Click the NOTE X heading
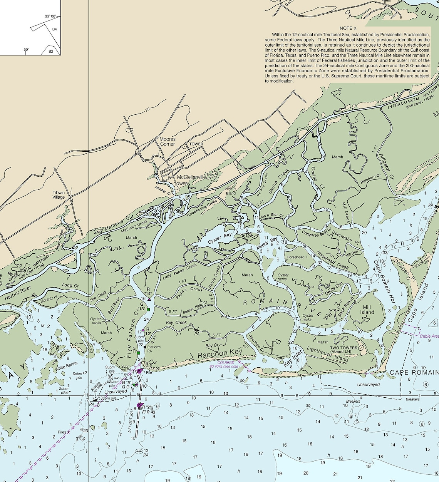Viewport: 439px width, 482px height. (x=348, y=28)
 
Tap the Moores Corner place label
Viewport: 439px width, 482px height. (x=168, y=142)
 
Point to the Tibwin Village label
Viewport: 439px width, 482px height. (x=59, y=195)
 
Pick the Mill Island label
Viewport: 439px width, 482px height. (x=367, y=310)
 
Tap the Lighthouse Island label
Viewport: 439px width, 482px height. (x=328, y=354)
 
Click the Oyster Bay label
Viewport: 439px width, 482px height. (x=220, y=238)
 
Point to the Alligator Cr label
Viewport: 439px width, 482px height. (x=387, y=168)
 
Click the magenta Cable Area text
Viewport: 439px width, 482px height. (x=429, y=336)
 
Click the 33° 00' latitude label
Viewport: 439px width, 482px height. (x=50, y=17)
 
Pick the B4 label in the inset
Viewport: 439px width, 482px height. (x=55, y=29)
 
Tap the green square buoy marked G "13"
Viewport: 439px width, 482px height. (x=148, y=310)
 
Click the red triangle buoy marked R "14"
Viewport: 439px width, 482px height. (x=149, y=299)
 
